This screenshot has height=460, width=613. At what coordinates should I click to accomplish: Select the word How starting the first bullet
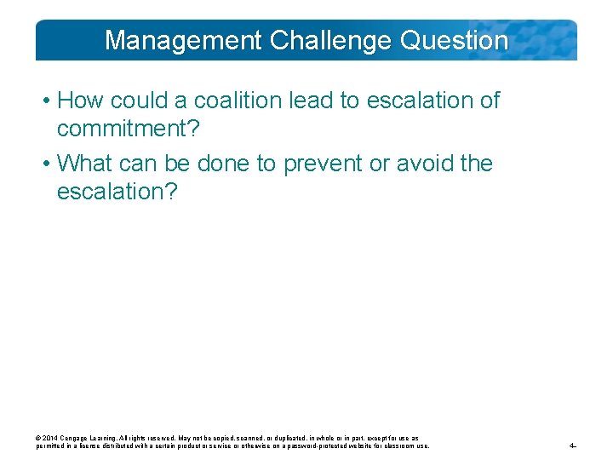click(79, 101)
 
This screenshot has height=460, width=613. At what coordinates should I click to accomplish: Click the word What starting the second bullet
click(88, 163)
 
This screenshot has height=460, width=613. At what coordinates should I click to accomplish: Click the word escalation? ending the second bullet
click(117, 192)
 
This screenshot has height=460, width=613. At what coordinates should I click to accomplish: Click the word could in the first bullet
click(146, 101)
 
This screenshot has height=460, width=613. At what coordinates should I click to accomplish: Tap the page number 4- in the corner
click(574, 446)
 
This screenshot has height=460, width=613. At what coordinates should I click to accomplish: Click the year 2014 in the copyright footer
click(51, 438)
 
